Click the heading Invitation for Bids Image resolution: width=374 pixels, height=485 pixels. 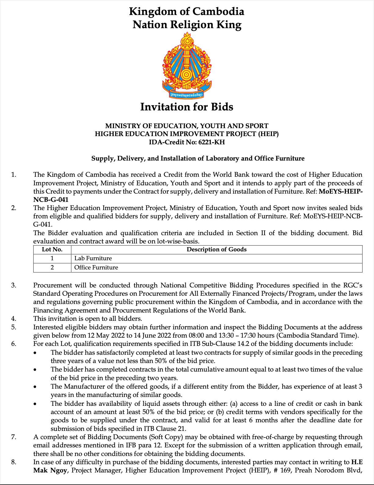point(187,107)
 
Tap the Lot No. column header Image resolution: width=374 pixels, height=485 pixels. point(52,250)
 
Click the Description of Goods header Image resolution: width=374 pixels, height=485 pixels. point(216,250)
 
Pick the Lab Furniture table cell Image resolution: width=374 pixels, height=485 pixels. point(93,258)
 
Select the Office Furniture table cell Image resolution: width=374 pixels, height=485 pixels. point(96,268)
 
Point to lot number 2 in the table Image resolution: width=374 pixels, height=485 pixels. point(52,268)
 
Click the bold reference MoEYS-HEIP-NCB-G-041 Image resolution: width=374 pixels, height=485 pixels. point(341,192)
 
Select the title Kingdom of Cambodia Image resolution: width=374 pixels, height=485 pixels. point(187,12)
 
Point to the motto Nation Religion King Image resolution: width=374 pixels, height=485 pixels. point(187,25)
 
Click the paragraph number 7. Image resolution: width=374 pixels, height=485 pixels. point(14,437)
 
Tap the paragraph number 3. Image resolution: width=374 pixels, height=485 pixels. point(14,285)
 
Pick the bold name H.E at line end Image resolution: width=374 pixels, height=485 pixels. point(357,462)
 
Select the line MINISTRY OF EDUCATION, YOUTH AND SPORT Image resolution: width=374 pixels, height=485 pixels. point(187,126)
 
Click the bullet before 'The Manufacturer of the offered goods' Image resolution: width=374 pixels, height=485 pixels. point(36,387)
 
